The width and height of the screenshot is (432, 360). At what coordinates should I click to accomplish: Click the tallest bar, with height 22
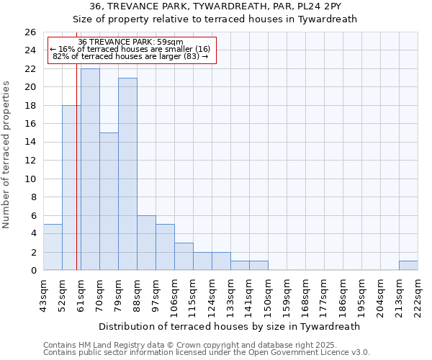click(90, 169)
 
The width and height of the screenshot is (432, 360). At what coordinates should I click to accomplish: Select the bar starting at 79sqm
click(127, 174)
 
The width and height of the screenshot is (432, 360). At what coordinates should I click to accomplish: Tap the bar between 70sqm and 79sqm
click(109, 202)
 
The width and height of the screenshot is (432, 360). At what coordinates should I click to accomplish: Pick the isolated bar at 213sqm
click(408, 266)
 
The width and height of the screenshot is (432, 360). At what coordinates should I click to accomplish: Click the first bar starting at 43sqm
click(53, 247)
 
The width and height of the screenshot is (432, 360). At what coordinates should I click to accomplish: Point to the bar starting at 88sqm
click(146, 243)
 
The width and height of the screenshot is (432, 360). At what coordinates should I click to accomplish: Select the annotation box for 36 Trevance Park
click(131, 50)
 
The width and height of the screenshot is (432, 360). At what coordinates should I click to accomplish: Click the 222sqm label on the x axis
click(418, 295)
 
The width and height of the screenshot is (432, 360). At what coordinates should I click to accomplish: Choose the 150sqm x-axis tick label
click(269, 295)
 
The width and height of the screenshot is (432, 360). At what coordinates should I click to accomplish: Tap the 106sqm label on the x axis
click(175, 295)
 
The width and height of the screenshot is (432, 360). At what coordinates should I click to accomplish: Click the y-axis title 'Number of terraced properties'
click(7, 154)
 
